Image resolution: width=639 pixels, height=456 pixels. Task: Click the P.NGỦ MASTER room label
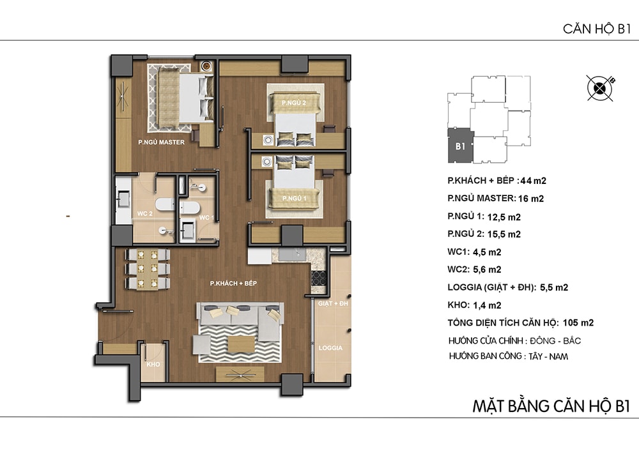click(x=162, y=142)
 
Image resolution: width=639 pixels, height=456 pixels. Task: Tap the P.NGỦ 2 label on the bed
click(x=294, y=103)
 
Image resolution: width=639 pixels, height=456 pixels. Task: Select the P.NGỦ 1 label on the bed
click(x=294, y=198)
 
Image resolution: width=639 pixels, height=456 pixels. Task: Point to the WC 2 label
click(x=144, y=213)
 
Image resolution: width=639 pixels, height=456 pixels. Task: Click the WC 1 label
click(x=206, y=217)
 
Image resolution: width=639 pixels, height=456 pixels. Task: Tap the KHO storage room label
click(x=153, y=365)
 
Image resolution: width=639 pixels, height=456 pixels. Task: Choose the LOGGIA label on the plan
click(x=330, y=348)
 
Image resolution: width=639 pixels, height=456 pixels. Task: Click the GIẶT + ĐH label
click(x=333, y=303)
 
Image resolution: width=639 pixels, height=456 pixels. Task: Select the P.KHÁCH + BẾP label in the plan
click(x=233, y=283)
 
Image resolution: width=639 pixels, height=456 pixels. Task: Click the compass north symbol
click(x=600, y=88)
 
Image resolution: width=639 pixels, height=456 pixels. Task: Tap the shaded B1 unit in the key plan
click(x=461, y=146)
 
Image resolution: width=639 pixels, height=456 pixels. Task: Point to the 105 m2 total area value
click(x=578, y=323)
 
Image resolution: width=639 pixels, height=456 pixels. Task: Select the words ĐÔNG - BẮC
click(x=555, y=341)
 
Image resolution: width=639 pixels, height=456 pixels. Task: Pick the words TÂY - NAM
click(x=548, y=356)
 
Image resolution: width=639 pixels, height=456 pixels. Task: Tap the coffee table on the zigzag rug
click(x=242, y=344)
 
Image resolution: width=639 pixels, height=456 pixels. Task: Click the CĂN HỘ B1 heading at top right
click(x=597, y=29)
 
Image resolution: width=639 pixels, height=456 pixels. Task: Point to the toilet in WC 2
click(x=165, y=204)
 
